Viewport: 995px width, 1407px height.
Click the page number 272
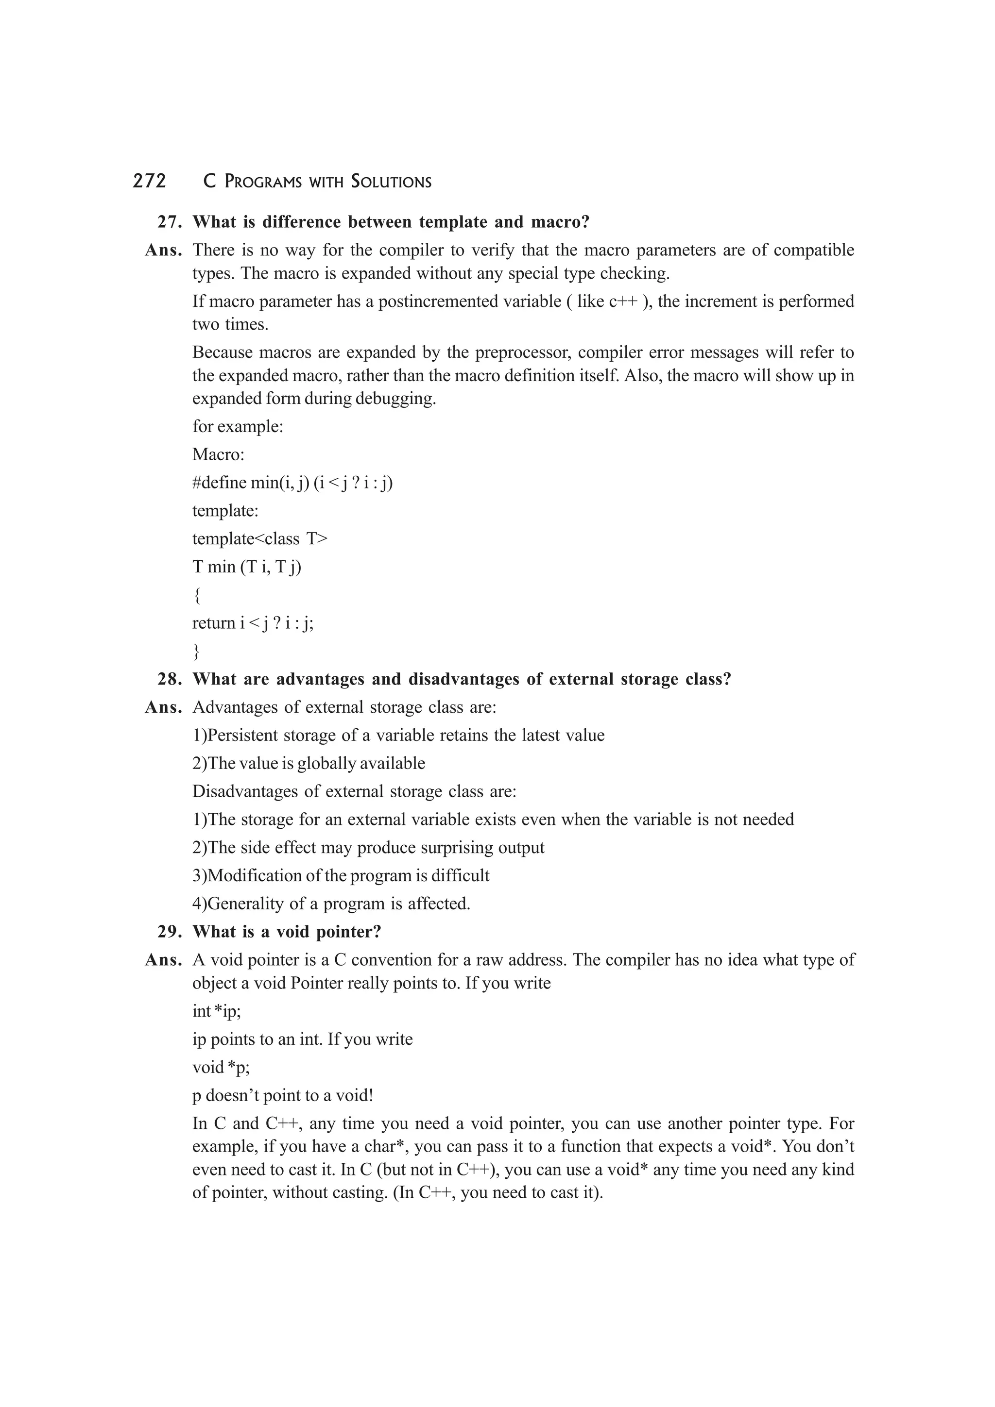point(149,182)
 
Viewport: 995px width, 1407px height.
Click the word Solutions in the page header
point(391,182)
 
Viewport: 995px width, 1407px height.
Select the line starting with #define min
point(292,483)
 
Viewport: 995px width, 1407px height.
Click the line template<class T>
point(260,538)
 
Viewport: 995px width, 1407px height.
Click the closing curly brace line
point(196,651)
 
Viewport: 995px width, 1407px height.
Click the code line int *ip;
point(216,1011)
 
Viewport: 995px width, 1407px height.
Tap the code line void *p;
point(221,1068)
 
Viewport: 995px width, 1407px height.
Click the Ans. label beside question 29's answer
point(163,960)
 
